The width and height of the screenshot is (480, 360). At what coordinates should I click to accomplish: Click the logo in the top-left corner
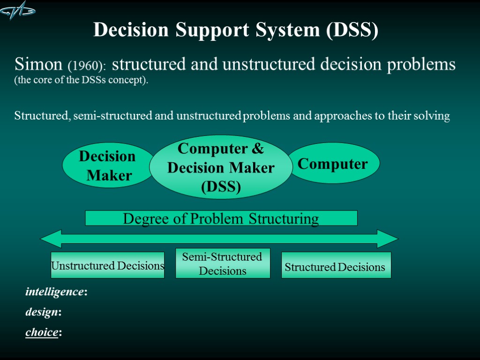coord(18,11)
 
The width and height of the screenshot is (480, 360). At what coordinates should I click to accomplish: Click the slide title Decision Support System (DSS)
coord(236,30)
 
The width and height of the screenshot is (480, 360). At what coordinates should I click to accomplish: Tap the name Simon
coord(38,64)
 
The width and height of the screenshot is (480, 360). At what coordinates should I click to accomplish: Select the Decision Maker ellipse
coord(108,165)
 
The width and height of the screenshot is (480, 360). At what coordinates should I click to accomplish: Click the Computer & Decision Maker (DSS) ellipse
coord(221,167)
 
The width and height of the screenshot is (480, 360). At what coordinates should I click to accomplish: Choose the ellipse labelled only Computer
coord(333,164)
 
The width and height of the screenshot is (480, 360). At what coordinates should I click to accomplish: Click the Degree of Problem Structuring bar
coord(221,218)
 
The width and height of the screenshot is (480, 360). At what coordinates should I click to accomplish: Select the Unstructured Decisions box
coord(107,266)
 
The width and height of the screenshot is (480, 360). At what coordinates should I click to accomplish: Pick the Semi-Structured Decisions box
coord(223,263)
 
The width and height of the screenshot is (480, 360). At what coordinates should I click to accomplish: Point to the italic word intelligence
coord(54,292)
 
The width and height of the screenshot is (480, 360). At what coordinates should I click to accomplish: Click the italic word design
coord(42,312)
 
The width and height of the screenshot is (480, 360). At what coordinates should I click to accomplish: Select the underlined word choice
coord(42,332)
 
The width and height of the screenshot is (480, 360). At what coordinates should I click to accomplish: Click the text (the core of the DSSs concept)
coord(81,80)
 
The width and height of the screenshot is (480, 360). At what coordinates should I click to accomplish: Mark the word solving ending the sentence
coord(432,116)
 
